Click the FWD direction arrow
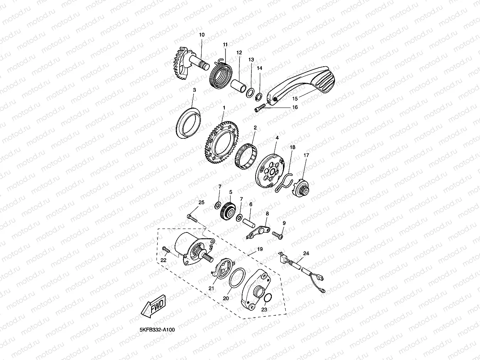[153, 306]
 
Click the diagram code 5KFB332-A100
[157, 330]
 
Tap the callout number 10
[202, 35]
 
